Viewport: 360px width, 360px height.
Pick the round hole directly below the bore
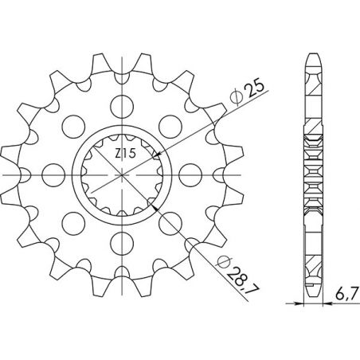(x=121, y=242)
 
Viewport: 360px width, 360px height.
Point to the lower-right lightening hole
(x=170, y=222)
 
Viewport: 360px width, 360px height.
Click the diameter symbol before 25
(x=236, y=99)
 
